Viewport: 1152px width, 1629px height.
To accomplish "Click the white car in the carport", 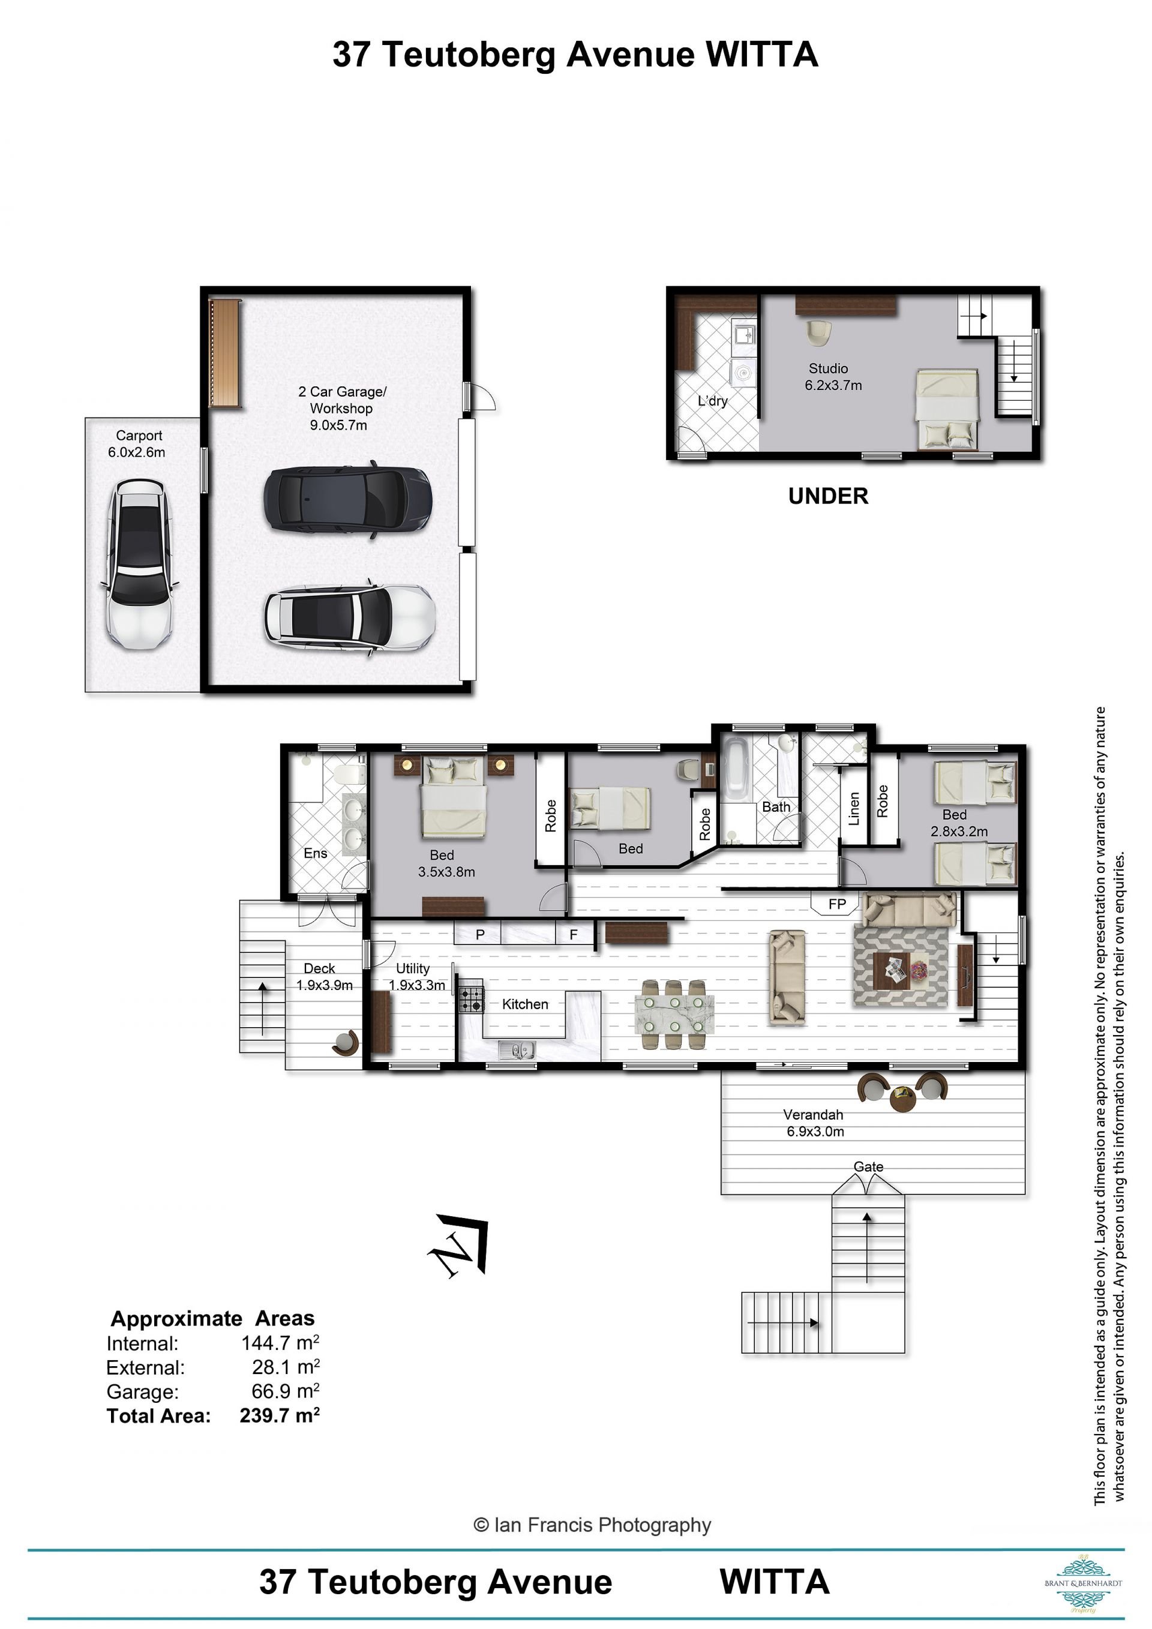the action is (139, 565).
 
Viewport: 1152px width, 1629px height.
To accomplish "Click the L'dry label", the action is (712, 401).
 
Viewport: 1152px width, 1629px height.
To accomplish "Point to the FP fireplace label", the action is (837, 904).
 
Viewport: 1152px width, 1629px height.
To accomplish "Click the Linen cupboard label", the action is (854, 809).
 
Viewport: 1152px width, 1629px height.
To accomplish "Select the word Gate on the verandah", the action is (868, 1166).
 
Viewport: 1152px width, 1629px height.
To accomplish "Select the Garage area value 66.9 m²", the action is (285, 1391).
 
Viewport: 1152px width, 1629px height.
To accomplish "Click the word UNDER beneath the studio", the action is (828, 496).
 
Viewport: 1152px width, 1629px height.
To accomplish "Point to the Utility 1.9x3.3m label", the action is (417, 976).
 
